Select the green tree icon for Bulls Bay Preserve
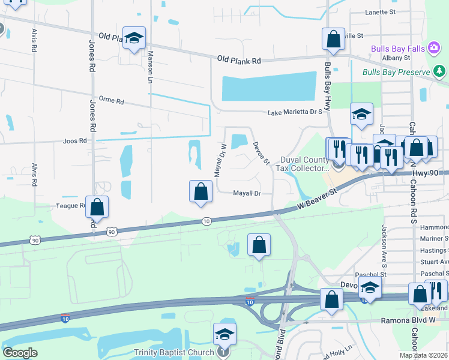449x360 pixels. point(440,72)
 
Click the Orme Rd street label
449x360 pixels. point(110,101)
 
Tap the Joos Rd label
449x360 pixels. point(74,141)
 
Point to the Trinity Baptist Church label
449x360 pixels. point(173,352)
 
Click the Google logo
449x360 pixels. point(20,352)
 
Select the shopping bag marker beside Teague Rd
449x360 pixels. point(97,207)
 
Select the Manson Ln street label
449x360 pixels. point(151,66)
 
